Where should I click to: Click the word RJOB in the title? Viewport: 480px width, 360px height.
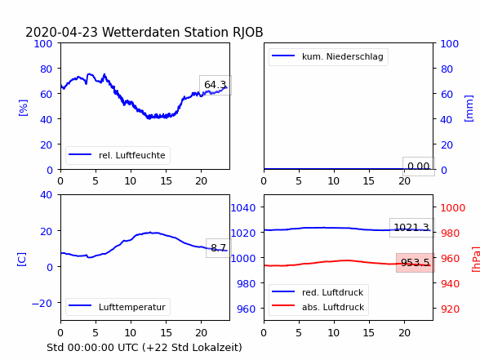tap(248, 33)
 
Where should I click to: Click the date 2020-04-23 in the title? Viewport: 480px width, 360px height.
tap(61, 33)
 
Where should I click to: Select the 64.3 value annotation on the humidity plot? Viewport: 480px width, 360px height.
tap(216, 85)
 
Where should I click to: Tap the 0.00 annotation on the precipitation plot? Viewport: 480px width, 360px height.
tap(419, 167)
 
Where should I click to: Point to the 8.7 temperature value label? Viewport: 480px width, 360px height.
tap(218, 247)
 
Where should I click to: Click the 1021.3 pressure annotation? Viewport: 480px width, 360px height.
tap(411, 228)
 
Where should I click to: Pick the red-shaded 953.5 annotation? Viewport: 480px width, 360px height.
tap(416, 263)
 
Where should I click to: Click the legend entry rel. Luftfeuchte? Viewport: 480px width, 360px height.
tap(117, 155)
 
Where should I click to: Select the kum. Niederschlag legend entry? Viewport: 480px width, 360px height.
tap(327, 56)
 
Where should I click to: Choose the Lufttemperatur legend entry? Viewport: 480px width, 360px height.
tap(117, 307)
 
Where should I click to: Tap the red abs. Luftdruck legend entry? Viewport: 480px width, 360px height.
tap(318, 307)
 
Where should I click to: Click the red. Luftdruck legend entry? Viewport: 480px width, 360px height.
tap(318, 292)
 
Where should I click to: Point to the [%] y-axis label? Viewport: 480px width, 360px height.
tap(23, 108)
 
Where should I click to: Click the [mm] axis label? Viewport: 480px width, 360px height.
tap(469, 109)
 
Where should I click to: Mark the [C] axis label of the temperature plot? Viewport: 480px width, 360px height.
tap(22, 260)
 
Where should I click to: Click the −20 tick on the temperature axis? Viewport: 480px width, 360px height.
tap(42, 304)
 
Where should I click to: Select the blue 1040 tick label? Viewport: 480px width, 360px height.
tap(243, 208)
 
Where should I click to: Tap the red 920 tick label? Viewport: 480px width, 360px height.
tap(451, 309)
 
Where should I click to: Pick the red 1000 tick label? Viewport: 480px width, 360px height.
tap(453, 208)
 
